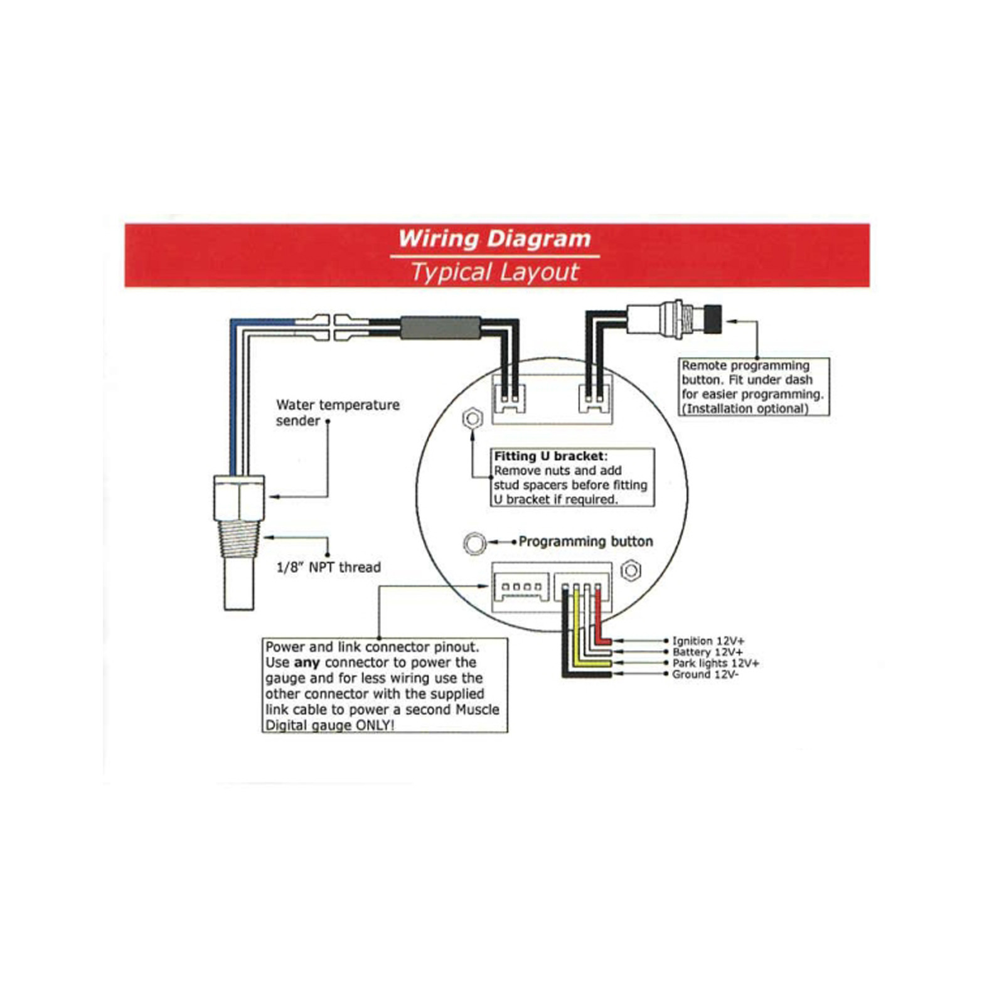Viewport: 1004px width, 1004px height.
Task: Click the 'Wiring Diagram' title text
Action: [x=494, y=239]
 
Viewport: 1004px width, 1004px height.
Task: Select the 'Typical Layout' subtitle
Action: [x=494, y=272]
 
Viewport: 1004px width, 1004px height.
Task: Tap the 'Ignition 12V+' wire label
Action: [x=708, y=641]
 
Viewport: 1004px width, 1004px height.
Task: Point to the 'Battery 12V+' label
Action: [x=707, y=652]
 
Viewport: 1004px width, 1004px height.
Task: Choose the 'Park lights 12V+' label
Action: [x=715, y=663]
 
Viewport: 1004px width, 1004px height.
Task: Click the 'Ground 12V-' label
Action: [x=705, y=675]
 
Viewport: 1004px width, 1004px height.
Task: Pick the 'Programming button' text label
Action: [x=585, y=542]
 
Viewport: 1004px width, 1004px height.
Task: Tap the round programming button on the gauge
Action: [x=474, y=543]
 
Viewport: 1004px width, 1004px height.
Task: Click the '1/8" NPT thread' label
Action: [x=329, y=567]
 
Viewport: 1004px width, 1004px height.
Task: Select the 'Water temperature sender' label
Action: [x=337, y=412]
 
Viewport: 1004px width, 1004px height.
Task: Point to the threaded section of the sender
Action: [x=239, y=539]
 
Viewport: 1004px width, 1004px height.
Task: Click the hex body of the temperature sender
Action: [x=239, y=498]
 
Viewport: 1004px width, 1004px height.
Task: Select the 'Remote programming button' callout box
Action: [x=754, y=387]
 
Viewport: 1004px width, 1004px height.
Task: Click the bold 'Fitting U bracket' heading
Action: [x=549, y=456]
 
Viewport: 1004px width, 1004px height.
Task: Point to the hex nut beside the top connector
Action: [x=473, y=418]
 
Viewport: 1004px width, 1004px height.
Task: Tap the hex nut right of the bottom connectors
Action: [x=631, y=570]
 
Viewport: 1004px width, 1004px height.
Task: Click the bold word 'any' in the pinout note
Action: [x=307, y=663]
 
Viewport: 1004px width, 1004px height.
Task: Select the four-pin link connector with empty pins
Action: [x=521, y=587]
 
